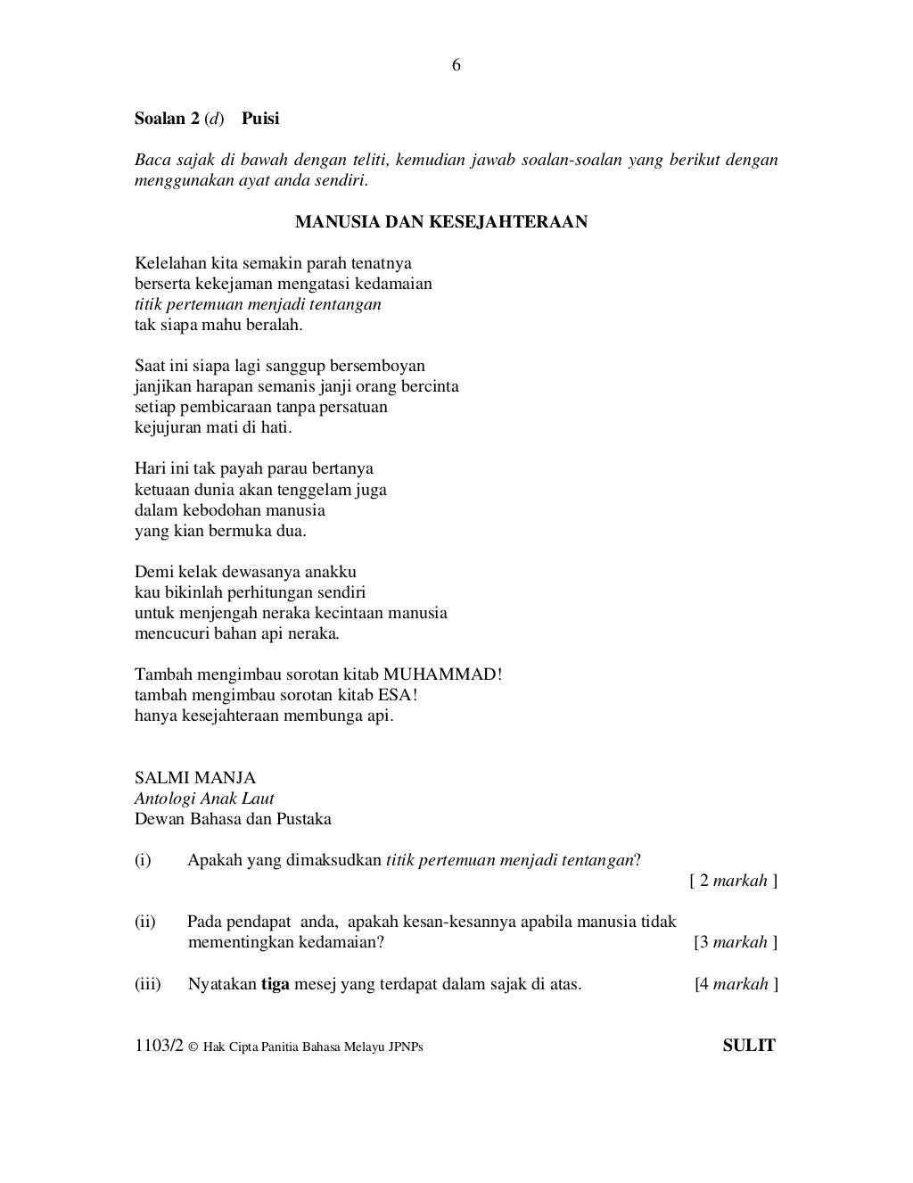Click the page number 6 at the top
point(456,65)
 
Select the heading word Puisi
point(260,118)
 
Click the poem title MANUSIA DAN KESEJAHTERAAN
point(441,221)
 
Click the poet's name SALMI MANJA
point(195,778)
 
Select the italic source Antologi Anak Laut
point(204,798)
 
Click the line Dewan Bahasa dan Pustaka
point(233,819)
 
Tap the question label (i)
point(143,860)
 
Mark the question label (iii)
point(147,984)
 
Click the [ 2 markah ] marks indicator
point(733,881)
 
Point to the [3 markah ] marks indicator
point(736,942)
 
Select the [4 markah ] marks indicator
point(736,984)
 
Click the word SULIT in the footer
point(749,1046)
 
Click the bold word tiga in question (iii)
point(275,984)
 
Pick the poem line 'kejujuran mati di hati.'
point(213,427)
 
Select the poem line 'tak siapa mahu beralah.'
point(218,325)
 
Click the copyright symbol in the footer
point(193,1047)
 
